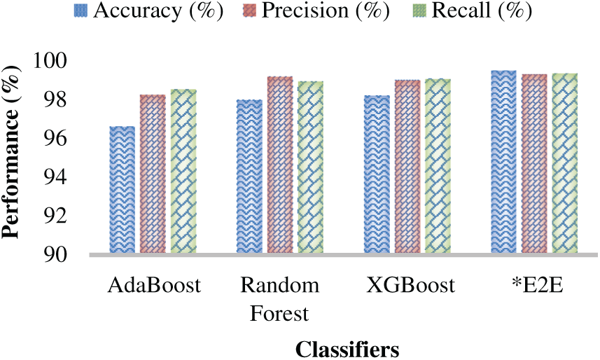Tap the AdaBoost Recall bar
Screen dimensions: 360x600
[184, 171]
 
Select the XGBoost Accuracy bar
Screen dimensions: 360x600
[377, 174]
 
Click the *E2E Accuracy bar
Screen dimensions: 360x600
[503, 162]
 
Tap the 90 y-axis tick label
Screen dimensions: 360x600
[56, 254]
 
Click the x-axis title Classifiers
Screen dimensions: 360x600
[347, 347]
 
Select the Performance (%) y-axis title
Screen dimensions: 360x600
[12, 157]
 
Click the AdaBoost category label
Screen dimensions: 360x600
[155, 286]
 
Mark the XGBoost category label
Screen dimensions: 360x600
[410, 286]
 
